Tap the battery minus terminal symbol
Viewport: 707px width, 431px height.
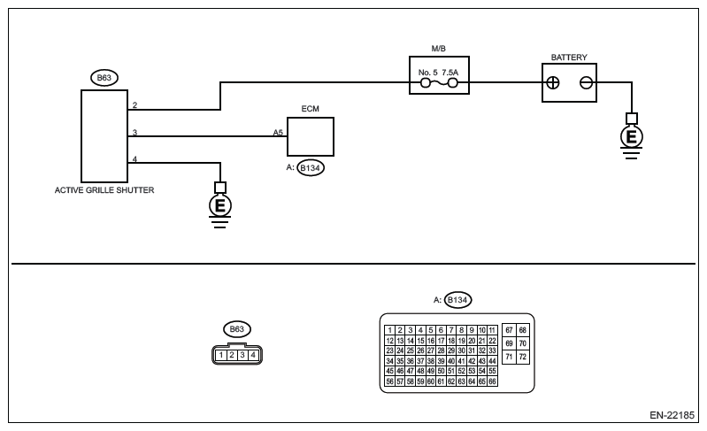[586, 83]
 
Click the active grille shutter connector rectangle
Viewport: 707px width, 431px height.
[104, 134]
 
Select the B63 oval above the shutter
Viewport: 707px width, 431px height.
[104, 77]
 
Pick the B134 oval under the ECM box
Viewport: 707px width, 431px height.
[311, 167]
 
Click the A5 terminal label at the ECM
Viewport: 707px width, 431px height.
[277, 131]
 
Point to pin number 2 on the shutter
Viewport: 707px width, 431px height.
[134, 105]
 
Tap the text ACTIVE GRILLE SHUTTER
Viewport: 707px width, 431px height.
[104, 189]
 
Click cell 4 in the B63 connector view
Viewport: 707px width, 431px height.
[253, 356]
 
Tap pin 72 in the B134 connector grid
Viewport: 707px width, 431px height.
[522, 357]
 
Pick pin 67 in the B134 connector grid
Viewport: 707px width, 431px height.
[509, 330]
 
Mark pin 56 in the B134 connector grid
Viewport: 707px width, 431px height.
[389, 381]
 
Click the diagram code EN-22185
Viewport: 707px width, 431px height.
[673, 414]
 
